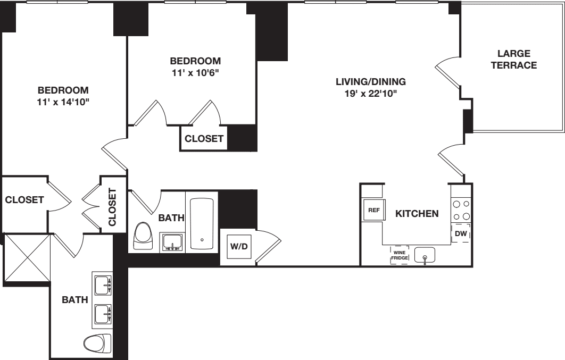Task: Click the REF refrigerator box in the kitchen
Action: (x=373, y=210)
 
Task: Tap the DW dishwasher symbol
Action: (x=461, y=233)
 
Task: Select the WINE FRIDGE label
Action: (x=400, y=255)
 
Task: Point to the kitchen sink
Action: (x=425, y=256)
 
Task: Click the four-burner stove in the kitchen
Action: (x=461, y=210)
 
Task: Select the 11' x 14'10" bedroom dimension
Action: (x=63, y=101)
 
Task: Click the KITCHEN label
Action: (x=417, y=214)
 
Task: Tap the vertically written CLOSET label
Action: (x=112, y=207)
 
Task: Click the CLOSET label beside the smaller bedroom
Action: (x=204, y=139)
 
